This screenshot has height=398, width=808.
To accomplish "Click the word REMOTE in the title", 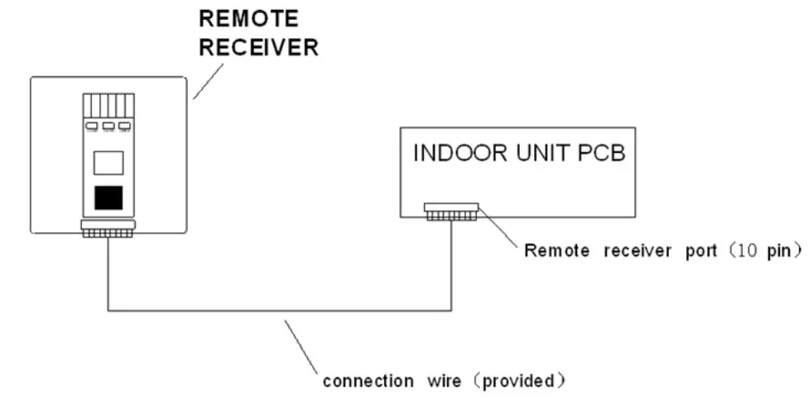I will tap(239, 19).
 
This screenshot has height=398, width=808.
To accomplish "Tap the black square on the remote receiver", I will tap(108, 198).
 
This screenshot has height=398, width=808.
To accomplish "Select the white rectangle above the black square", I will tap(108, 162).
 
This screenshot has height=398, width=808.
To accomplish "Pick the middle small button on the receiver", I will tap(108, 127).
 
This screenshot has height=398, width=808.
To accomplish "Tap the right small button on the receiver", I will tap(124, 127).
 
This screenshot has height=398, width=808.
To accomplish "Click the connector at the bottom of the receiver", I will tap(107, 228).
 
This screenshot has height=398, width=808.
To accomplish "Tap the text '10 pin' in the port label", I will tap(765, 252).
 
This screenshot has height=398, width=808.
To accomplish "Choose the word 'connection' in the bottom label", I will tap(368, 382).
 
